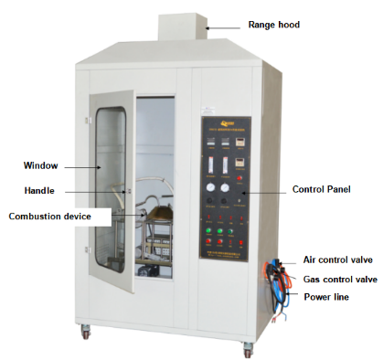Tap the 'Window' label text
tap(41, 165)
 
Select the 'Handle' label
tap(39, 191)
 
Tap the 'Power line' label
tap(328, 297)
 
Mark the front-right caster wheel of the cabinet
tap(247, 348)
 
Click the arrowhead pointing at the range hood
tap(208, 28)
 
